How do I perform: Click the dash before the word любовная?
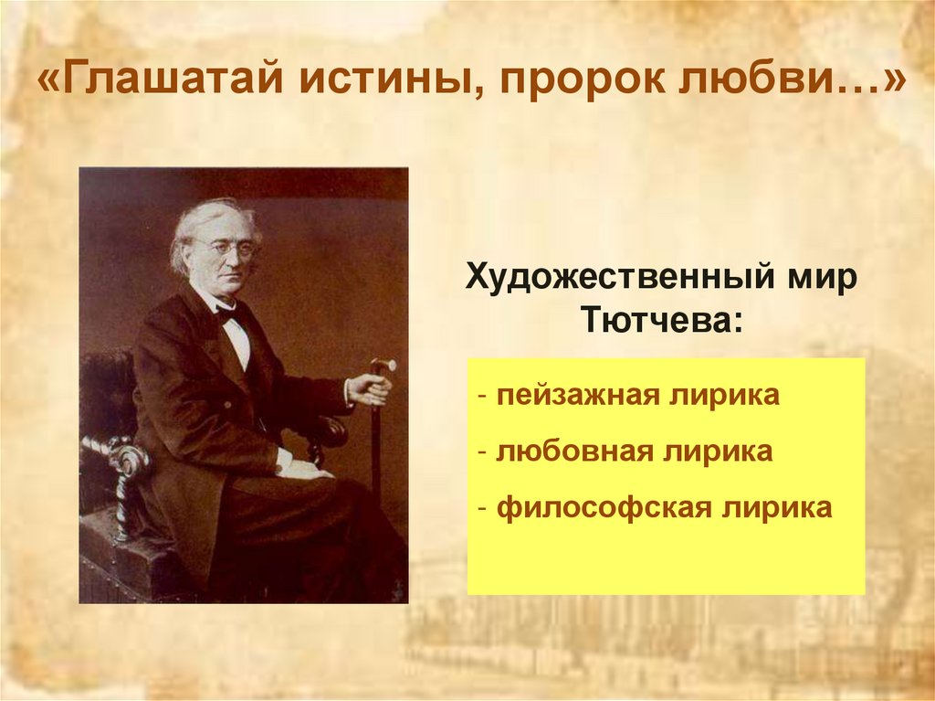click(481, 452)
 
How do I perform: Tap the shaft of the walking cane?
click(375, 457)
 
